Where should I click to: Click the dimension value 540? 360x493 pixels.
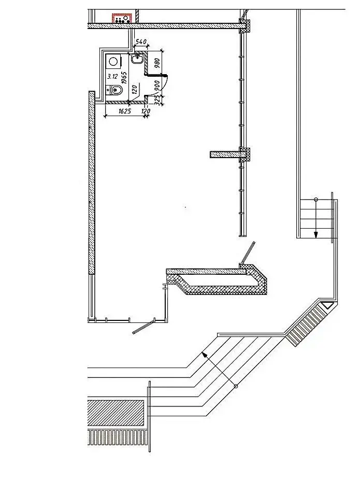click(x=141, y=41)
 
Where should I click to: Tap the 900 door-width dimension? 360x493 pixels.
click(x=157, y=85)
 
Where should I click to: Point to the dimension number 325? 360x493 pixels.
click(x=157, y=100)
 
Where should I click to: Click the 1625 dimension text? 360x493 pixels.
click(x=125, y=111)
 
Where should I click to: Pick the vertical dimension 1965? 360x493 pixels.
click(x=124, y=78)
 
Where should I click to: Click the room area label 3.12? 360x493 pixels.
click(x=112, y=76)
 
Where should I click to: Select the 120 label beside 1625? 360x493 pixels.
click(x=146, y=111)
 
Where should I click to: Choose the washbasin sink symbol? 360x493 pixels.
click(x=138, y=59)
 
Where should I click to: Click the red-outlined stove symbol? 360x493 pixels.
click(x=122, y=18)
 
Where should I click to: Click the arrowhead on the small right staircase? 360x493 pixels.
click(x=315, y=235)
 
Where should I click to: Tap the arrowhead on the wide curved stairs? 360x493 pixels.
click(x=205, y=355)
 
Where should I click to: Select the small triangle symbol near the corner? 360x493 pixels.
click(x=326, y=305)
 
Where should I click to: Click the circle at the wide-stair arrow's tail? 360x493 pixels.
click(x=236, y=386)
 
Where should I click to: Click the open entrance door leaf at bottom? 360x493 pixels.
click(x=143, y=327)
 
